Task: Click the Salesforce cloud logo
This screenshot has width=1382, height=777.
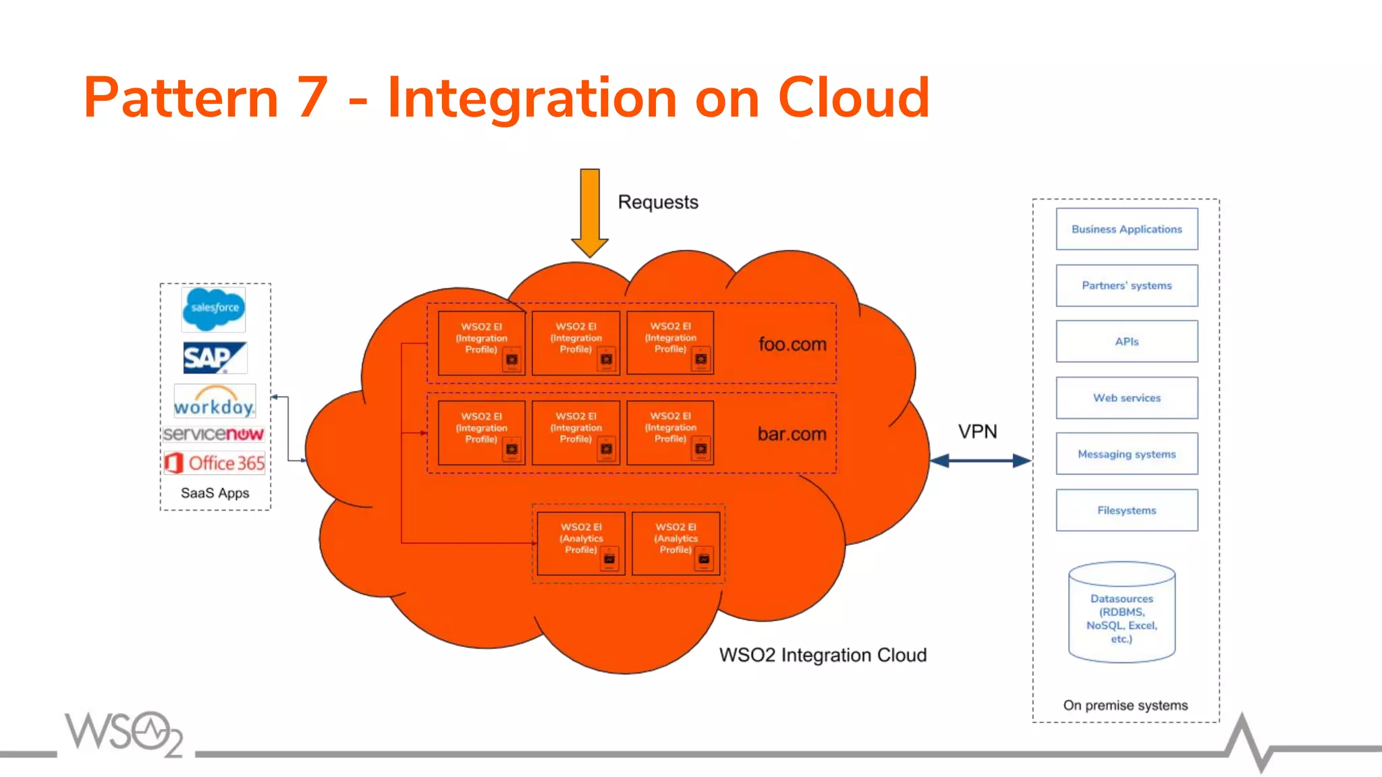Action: click(x=214, y=309)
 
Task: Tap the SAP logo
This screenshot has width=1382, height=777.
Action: click(x=214, y=357)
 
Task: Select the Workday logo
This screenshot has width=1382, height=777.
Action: click(x=214, y=402)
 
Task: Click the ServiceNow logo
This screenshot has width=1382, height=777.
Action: click(x=213, y=434)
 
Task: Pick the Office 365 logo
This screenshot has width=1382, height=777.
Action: click(x=215, y=463)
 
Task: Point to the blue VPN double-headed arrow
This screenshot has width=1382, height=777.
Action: click(x=980, y=461)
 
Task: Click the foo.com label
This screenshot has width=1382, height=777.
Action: click(x=792, y=345)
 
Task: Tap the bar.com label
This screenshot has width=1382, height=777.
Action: click(x=792, y=434)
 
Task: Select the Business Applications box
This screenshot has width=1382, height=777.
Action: click(x=1126, y=229)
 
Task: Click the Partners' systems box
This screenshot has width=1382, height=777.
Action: click(x=1126, y=286)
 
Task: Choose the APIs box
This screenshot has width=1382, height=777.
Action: click(x=1126, y=342)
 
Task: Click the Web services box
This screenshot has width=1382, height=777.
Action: click(x=1126, y=398)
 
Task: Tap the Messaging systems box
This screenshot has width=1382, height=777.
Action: click(x=1126, y=454)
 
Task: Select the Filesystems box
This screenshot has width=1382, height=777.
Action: click(x=1126, y=511)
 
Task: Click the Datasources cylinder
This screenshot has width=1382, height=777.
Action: click(x=1122, y=612)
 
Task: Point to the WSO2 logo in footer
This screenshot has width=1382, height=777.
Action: click(x=124, y=732)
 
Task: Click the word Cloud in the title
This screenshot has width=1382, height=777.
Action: click(x=854, y=98)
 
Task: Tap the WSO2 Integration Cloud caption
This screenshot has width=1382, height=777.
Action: click(x=823, y=655)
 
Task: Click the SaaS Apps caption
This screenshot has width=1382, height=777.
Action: click(x=215, y=493)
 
